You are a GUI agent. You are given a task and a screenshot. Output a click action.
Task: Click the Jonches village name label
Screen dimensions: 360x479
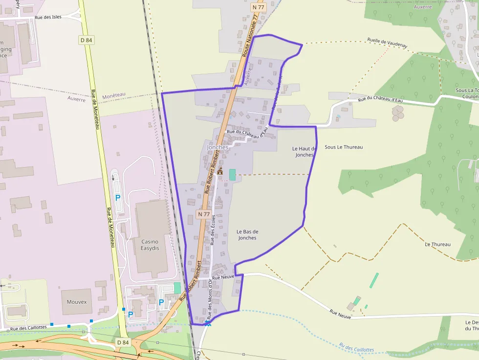[x=218, y=147]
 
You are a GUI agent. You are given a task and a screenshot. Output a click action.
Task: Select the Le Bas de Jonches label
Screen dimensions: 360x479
[x=247, y=234]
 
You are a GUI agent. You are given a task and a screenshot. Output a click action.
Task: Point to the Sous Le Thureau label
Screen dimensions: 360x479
[x=344, y=147]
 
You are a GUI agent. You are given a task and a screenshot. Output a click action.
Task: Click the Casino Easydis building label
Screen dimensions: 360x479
[x=150, y=245]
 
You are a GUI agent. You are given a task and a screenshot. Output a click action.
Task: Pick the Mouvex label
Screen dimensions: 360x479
[x=77, y=302]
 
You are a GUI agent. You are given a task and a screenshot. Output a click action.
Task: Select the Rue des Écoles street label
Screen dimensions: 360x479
[x=212, y=229]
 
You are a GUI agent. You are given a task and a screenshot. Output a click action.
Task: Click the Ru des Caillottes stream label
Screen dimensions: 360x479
[x=356, y=348]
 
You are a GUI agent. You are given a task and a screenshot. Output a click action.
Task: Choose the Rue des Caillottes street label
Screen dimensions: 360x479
[x=29, y=328]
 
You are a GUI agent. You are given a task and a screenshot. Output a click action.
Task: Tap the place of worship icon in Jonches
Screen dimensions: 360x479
[x=220, y=172]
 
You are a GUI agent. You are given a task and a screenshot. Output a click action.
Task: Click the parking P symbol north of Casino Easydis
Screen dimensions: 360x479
[x=117, y=197]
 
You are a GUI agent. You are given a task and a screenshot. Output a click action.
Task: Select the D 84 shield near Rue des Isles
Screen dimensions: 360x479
[x=86, y=40]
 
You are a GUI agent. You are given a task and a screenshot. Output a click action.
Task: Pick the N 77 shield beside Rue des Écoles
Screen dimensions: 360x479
[x=204, y=214]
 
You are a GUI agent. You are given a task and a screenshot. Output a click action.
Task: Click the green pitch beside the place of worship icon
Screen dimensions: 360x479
[x=232, y=174]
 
